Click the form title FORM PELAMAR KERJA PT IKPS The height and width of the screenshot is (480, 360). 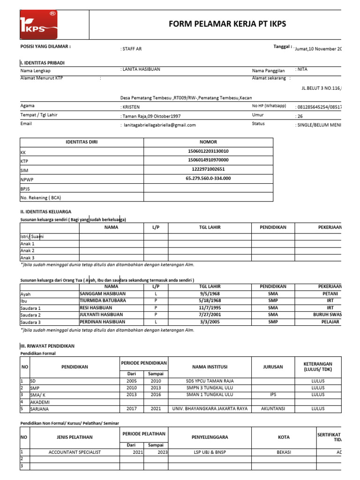tap(227, 24)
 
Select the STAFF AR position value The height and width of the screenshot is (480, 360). tap(132, 49)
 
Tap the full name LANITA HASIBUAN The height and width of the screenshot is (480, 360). tap(141, 69)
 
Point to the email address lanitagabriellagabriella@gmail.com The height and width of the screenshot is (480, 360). tap(158, 125)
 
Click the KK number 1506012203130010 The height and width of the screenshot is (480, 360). tap(208, 151)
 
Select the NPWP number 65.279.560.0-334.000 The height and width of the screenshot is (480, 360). tap(208, 179)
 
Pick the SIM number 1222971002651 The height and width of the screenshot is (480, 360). tap(208, 169)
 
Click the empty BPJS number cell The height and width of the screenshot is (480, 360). tap(208, 188)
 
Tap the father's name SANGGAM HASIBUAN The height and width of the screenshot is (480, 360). tap(103, 293)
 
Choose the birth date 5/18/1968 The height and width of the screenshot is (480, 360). tap(210, 300)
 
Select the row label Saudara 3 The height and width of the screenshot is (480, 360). tap(30, 322)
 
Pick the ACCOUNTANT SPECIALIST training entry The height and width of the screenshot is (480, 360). tap(75, 452)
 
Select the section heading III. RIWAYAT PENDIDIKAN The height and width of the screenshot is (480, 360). tap(47, 345)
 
